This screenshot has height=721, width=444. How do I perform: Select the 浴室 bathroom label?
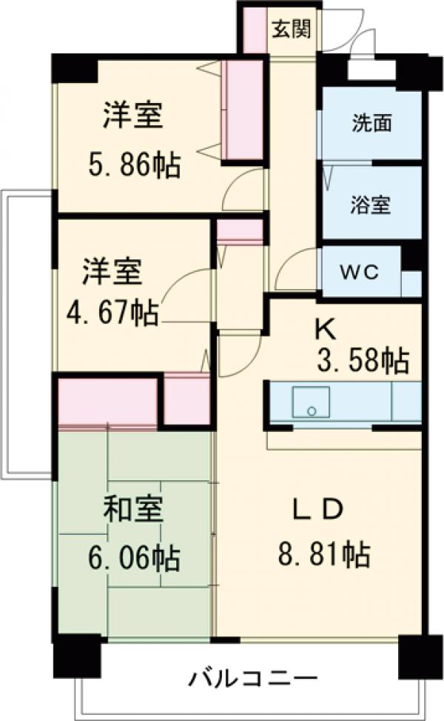click(x=371, y=205)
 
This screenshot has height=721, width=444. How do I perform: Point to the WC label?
click(x=360, y=271)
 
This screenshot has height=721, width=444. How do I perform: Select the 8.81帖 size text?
click(x=323, y=553)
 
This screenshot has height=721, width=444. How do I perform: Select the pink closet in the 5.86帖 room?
click(x=243, y=110)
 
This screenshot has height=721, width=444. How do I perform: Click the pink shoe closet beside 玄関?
click(x=255, y=30)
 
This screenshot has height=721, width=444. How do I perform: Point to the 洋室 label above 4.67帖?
click(x=111, y=271)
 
